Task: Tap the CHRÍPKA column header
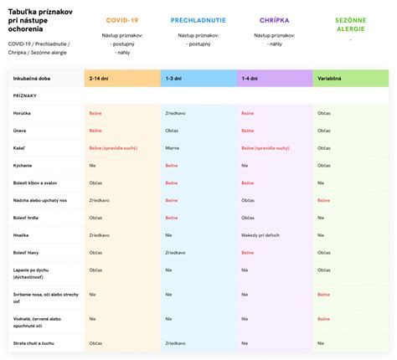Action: point(275,19)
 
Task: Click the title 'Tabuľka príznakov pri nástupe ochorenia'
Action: point(39,18)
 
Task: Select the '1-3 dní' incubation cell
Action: point(175,78)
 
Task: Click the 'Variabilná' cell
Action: point(329,78)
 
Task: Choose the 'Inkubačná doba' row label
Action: point(32,78)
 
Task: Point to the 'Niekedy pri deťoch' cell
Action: point(260,235)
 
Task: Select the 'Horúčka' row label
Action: point(23,112)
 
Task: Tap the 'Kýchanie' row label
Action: point(23,165)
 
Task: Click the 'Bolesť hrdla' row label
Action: point(28,218)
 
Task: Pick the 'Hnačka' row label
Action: point(22,235)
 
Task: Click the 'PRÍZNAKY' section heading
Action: point(24,95)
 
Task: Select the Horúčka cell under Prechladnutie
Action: point(177,112)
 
